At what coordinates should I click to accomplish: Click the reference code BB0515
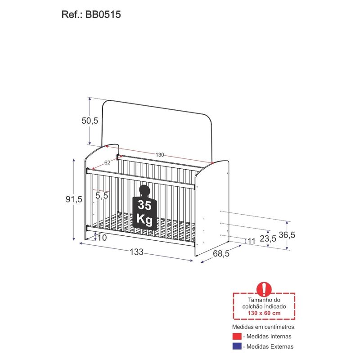point(103,14)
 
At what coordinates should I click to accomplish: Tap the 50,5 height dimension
point(90,121)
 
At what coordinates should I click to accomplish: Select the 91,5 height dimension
point(74,199)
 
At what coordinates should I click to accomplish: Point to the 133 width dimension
point(137,252)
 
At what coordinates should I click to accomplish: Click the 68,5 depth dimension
point(221,253)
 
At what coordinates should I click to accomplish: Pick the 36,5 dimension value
point(287,235)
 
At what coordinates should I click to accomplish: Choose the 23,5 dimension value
point(268,238)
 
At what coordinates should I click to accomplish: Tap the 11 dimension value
point(252,241)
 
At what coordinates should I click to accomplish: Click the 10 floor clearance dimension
point(102,238)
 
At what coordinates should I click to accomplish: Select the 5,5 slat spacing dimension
point(102,196)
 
